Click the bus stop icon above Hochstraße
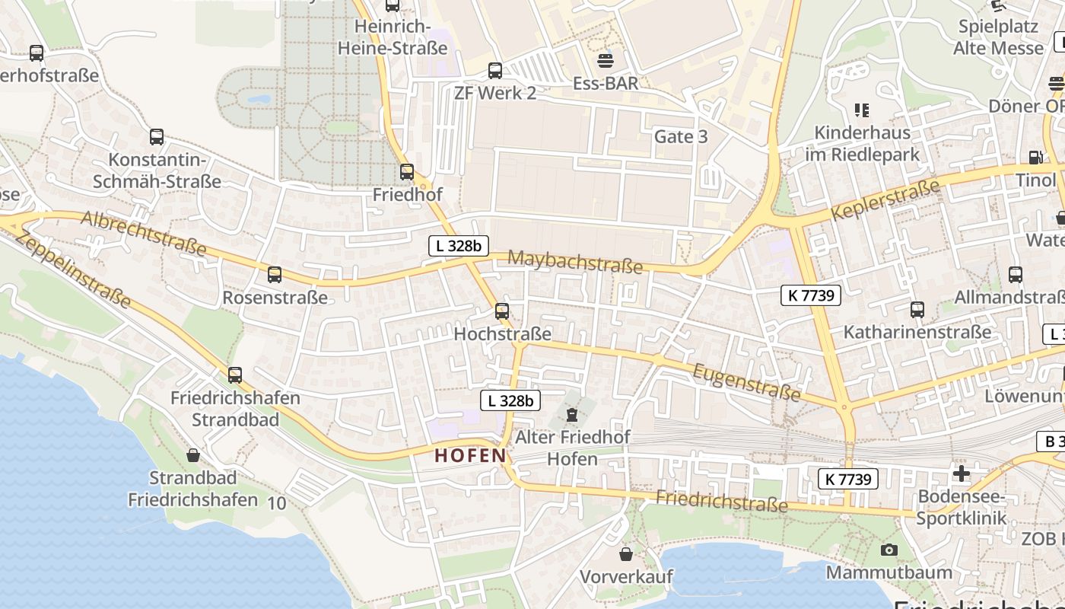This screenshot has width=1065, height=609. point(501,311)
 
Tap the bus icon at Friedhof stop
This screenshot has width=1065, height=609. point(407,172)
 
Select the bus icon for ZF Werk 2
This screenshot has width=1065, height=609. point(495,71)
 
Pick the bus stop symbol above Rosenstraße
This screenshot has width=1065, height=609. point(275,275)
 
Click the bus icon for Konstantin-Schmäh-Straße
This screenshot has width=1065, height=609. point(157,137)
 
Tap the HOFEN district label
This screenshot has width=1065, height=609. point(469,456)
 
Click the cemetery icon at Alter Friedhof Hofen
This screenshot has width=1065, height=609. point(571,415)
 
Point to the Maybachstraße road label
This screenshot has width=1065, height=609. point(575,262)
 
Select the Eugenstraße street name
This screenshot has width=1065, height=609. point(746,381)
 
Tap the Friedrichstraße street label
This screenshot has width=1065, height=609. point(721,502)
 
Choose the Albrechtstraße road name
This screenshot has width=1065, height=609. point(144,234)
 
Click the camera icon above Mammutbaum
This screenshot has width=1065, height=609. point(889,550)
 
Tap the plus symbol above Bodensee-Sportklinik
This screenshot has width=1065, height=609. point(962,473)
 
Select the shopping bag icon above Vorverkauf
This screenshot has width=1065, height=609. point(626,554)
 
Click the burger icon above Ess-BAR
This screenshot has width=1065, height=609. point(606,60)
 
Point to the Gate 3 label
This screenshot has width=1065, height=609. point(681,137)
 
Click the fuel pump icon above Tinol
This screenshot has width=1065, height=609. point(1035,158)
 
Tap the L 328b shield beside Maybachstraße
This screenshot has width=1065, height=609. point(459,246)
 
